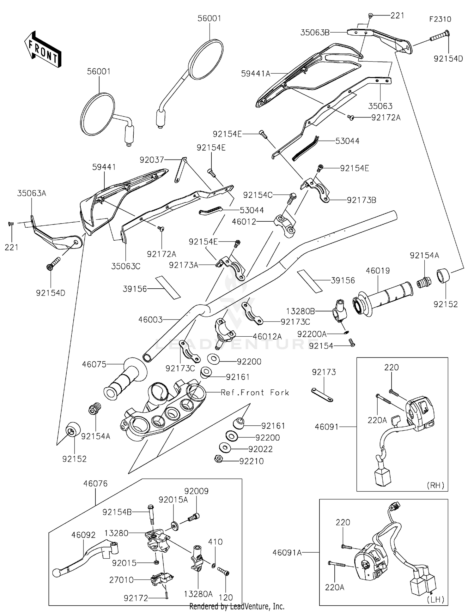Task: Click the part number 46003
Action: point(150,320)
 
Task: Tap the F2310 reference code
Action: point(440,19)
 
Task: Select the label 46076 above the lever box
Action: point(95,483)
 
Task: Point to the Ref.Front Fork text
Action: point(255,393)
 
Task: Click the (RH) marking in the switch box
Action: point(435,485)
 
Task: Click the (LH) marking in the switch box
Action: point(435,600)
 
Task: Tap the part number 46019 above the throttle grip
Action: point(378,271)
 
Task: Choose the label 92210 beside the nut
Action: point(252,461)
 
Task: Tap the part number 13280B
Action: point(301,311)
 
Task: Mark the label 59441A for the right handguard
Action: point(256,74)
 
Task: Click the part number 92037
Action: point(152,160)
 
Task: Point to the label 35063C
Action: point(126,266)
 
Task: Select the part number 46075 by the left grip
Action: point(94,364)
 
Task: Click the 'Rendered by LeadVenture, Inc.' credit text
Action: point(237,606)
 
